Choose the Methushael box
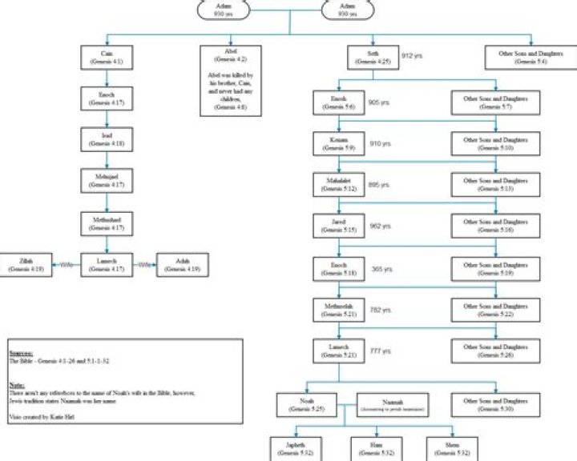(107, 222)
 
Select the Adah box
(184, 264)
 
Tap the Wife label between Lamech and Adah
(145, 264)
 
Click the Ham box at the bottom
(374, 447)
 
